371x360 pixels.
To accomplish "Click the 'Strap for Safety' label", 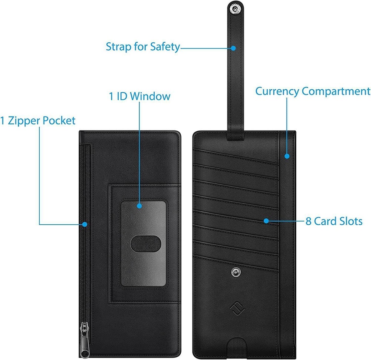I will [x=143, y=47].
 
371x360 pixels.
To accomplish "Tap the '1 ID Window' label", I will [x=139, y=96].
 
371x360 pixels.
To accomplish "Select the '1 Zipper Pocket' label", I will [x=37, y=120].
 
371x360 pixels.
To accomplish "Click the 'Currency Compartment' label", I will [x=313, y=91].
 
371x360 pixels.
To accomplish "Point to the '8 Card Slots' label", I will [x=334, y=222].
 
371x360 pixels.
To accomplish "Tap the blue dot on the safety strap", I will [x=233, y=48].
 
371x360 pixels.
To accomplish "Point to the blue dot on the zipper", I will [x=85, y=224].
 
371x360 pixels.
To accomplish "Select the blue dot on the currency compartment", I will [x=287, y=156].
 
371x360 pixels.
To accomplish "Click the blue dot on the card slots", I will [x=266, y=221].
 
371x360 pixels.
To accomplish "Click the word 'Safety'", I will [x=165, y=47].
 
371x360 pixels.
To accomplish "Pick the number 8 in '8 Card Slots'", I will [x=308, y=222].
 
